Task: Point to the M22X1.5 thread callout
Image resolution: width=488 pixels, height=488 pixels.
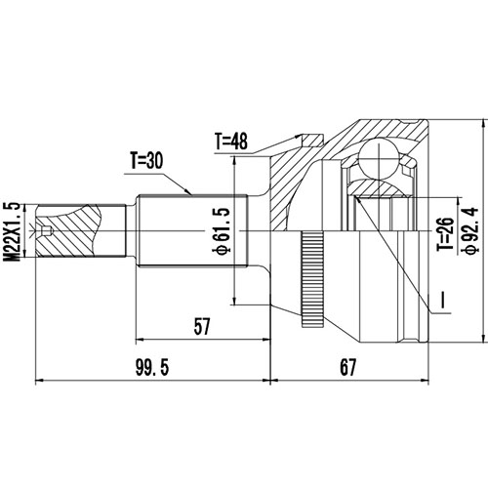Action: pyautogui.click(x=13, y=229)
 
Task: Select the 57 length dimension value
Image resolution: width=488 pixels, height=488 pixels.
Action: pyautogui.click(x=201, y=328)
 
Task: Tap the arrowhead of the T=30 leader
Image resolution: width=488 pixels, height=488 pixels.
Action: pyautogui.click(x=195, y=191)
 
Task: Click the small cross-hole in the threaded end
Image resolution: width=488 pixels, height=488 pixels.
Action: pyautogui.click(x=48, y=230)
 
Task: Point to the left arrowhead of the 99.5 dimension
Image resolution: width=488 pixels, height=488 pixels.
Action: pyautogui.click(x=39, y=379)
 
